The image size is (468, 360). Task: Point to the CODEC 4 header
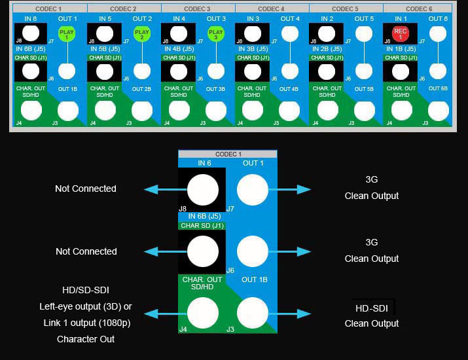272,9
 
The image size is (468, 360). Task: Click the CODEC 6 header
420,9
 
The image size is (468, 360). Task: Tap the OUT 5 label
364,19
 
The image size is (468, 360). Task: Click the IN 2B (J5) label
327,49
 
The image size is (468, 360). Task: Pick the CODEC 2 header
124,9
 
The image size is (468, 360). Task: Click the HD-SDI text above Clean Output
372,308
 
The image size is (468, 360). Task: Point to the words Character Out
86,339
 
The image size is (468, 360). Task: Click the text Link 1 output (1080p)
86,323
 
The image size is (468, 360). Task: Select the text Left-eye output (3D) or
86,306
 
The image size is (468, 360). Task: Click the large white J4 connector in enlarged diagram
203,314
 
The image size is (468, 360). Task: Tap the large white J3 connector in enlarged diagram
253,314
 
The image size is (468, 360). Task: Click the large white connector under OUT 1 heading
253,190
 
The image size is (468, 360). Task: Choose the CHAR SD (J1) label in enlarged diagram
202,225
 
